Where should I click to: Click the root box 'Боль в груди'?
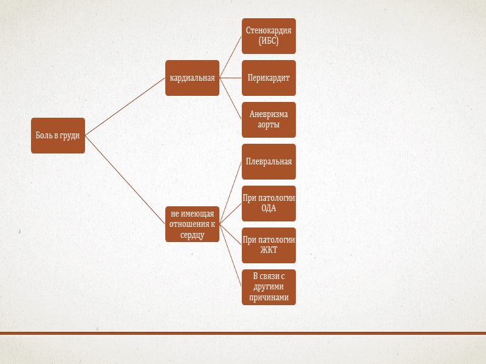[x=58, y=135]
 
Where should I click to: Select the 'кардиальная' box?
[x=192, y=78]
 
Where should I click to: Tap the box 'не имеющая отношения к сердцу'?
[x=192, y=224]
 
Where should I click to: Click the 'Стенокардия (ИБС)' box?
[x=269, y=36]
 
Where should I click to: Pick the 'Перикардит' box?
[x=269, y=78]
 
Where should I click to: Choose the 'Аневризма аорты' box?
[x=269, y=120]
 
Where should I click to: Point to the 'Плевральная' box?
[x=269, y=161]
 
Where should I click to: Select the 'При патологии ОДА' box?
[x=269, y=203]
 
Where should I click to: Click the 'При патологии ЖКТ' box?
[x=269, y=245]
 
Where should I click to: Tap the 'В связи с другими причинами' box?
[x=269, y=287]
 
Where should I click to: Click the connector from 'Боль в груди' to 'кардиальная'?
[x=125, y=106]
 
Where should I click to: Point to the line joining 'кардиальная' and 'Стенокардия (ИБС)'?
[x=231, y=56]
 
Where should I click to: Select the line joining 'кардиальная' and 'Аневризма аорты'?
[x=231, y=99]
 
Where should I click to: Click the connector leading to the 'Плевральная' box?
[x=231, y=192]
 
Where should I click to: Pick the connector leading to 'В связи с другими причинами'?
[x=231, y=255]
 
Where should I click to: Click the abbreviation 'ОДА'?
[x=269, y=208]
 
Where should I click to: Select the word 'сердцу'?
[x=192, y=234]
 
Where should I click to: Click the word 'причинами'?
[x=269, y=297]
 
